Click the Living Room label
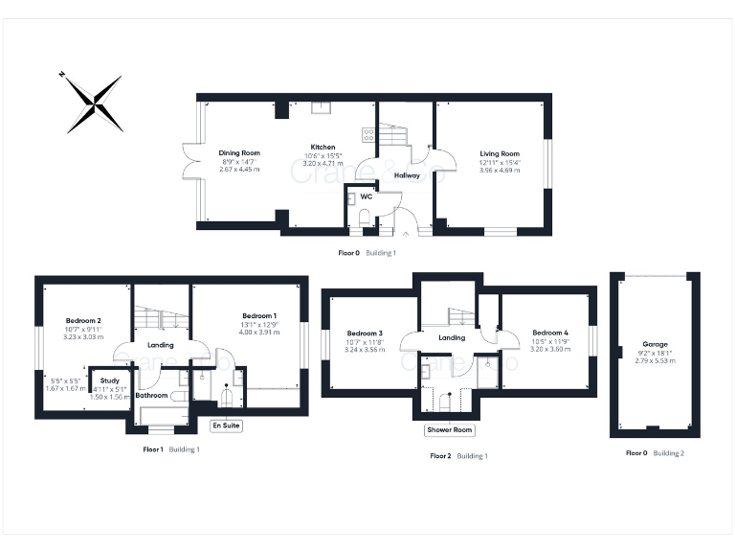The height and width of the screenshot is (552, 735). pos(499,153)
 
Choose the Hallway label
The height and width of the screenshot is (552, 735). pos(408,175)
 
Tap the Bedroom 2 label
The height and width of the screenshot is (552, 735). pos(84,320)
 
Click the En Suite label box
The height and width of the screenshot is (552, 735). pos(227,425)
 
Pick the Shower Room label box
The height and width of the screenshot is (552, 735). pos(449,430)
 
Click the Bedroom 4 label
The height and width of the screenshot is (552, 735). pos(549,332)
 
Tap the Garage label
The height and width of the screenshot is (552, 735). pos(656,344)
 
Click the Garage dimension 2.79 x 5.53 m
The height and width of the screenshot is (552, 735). pos(656,360)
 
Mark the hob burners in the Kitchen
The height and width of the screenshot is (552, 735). pos(368,135)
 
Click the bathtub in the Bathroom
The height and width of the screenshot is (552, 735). pos(164,415)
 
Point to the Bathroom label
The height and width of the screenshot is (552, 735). pos(151,395)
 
